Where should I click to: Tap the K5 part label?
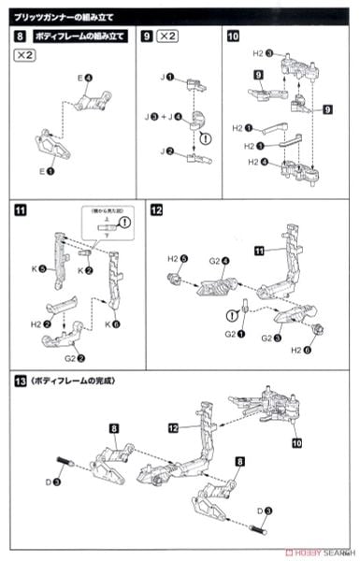[x=40, y=269]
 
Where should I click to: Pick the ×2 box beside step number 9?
[x=169, y=36]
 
